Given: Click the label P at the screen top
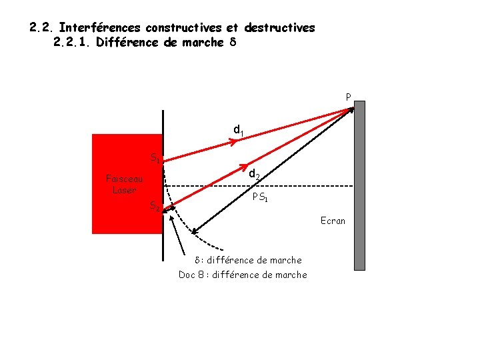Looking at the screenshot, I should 349,97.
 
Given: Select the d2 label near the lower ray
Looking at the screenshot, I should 255,175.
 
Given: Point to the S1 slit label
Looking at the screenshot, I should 155,158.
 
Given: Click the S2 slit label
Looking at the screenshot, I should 154,205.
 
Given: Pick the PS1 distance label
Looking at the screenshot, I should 261,197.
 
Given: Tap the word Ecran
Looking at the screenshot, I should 333,221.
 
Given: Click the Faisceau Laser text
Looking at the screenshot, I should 124,184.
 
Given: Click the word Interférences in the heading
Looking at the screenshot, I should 99,28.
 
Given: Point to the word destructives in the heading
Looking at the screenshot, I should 279,28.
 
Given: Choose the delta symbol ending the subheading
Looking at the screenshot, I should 232,43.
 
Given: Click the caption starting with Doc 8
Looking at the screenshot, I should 243,275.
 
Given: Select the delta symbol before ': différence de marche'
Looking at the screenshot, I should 197,260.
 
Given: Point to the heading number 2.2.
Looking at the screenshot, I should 41,28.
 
